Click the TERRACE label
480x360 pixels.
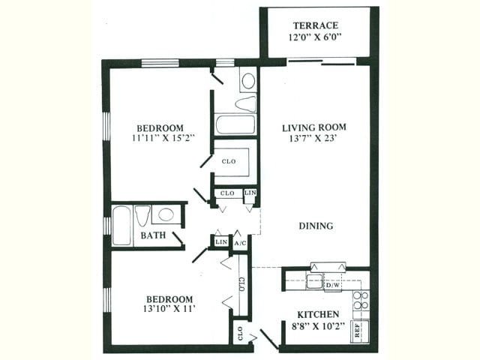click(316, 25)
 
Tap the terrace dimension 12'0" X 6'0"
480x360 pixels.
click(315, 37)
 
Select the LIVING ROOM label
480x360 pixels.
click(314, 127)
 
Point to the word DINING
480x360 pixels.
click(316, 226)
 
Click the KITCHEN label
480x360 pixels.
click(318, 314)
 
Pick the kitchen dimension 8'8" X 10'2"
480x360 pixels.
click(318, 326)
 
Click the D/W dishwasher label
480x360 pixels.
click(333, 285)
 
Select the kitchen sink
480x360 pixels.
click(314, 282)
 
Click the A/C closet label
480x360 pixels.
click(240, 243)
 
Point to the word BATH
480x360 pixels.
click(153, 235)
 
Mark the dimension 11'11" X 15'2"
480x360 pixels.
click(163, 138)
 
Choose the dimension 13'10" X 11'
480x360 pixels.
click(169, 308)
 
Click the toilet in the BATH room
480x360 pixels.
click(142, 215)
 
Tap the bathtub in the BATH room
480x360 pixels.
click(121, 226)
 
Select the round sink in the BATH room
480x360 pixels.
click(166, 214)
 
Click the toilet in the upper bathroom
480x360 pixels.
click(245, 103)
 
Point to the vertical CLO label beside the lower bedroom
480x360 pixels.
click(241, 284)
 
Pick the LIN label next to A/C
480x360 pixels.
click(221, 241)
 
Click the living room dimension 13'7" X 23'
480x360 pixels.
click(313, 139)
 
